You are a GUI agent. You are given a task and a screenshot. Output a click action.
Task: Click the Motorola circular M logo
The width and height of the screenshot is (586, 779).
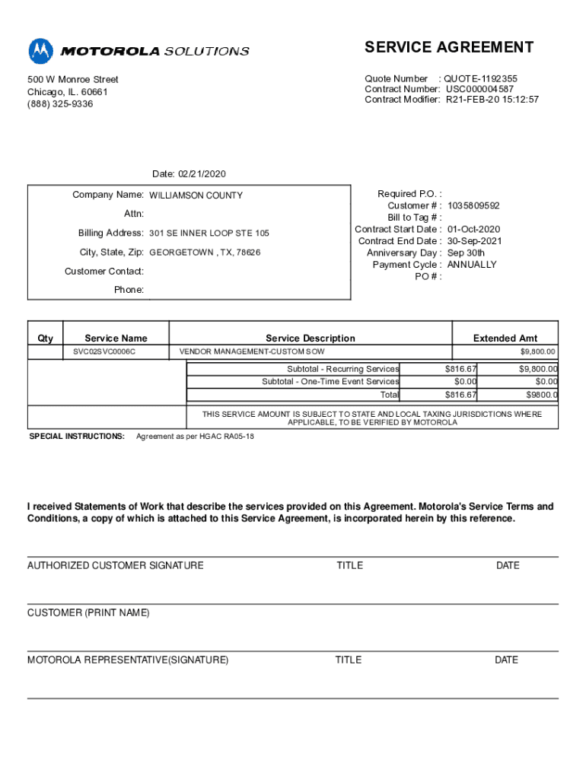41,51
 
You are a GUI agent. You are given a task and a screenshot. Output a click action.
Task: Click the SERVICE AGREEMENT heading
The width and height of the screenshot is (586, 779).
449,48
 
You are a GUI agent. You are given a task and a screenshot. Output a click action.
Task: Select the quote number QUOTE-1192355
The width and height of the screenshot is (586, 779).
481,78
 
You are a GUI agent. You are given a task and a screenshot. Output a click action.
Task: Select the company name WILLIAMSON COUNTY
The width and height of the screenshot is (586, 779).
196,196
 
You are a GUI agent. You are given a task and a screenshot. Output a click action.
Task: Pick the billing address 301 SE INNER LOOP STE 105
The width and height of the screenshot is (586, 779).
209,234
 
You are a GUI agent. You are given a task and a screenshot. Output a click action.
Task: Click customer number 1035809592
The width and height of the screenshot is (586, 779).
473,206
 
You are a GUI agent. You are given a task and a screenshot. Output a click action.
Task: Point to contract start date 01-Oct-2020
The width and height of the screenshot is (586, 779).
473,229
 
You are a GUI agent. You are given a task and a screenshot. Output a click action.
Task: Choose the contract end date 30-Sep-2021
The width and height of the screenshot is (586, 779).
474,241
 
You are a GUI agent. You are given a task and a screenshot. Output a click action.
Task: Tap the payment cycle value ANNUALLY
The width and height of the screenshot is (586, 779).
471,265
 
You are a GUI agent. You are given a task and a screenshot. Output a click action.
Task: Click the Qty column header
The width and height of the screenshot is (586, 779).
46,339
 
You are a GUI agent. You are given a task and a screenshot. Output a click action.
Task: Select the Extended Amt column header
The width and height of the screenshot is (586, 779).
505,339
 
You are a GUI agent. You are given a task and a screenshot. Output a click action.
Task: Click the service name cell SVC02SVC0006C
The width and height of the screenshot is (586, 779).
104,352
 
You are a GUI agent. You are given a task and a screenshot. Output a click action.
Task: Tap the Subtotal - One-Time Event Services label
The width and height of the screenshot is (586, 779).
330,382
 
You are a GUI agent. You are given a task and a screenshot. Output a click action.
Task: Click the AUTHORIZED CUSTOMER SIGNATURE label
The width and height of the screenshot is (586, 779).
116,565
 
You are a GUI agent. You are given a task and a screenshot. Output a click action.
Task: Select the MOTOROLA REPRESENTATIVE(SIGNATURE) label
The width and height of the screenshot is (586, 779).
128,660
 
